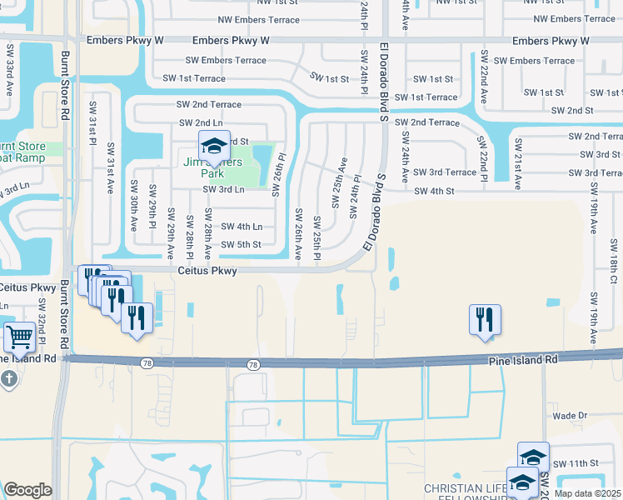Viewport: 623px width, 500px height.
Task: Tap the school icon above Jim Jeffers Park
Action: pyautogui.click(x=214, y=147)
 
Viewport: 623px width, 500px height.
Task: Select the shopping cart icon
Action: pyautogui.click(x=19, y=337)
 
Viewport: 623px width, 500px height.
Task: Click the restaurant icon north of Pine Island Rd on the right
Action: pyautogui.click(x=485, y=319)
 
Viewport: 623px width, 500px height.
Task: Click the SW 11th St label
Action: pyautogui.click(x=576, y=462)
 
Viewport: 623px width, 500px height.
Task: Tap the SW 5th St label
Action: pyautogui.click(x=241, y=244)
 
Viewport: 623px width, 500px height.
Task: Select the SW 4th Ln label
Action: pyautogui.click(x=241, y=227)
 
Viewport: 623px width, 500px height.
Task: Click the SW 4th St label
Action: pyautogui.click(x=434, y=191)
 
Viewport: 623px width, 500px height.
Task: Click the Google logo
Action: pyautogui.click(x=27, y=490)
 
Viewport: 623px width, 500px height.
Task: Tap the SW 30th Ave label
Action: pyautogui.click(x=132, y=206)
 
